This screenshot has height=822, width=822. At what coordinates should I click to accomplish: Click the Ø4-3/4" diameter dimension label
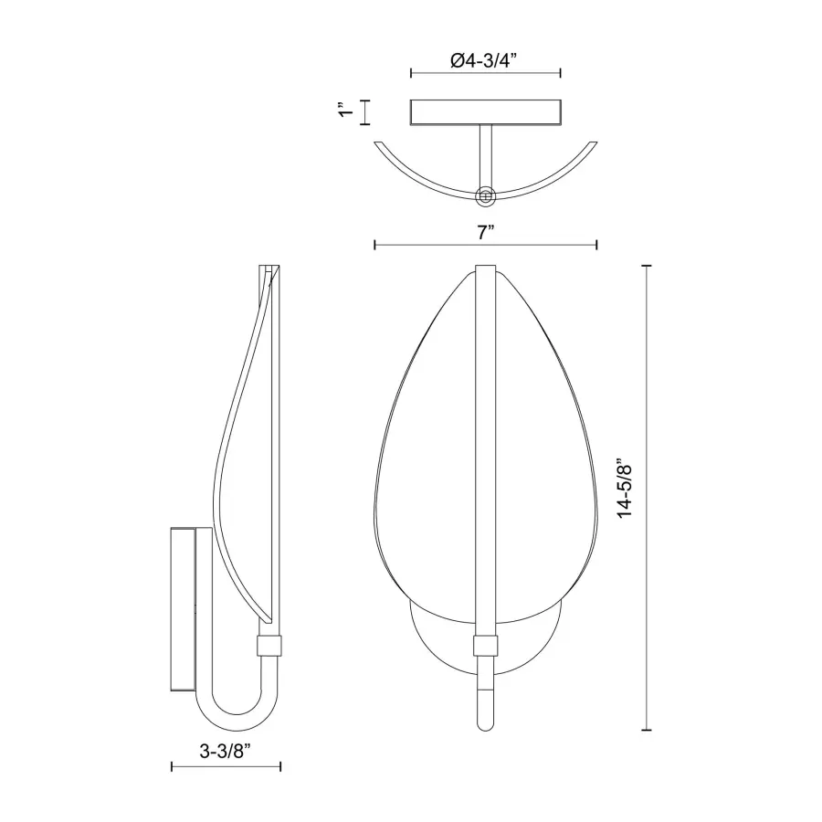tap(485, 61)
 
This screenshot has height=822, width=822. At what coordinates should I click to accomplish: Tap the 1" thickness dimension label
tap(344, 111)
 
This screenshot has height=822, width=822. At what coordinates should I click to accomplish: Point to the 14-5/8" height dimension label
tap(626, 489)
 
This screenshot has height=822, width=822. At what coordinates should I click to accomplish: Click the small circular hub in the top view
tap(486, 195)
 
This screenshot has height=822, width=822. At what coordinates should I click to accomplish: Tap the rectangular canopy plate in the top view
tap(485, 111)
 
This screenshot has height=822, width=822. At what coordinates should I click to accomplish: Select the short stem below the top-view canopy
tap(485, 155)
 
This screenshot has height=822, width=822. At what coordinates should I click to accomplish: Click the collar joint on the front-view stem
tap(486, 647)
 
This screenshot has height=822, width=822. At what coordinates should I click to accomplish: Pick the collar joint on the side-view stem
tap(269, 647)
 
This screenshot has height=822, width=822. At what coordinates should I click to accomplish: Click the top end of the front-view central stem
tap(486, 269)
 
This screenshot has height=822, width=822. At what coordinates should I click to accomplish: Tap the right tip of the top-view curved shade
tap(595, 142)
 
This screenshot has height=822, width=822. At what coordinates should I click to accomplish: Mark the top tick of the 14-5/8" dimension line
tap(648, 266)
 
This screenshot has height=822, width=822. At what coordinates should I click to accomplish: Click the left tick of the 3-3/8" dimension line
tap(173, 768)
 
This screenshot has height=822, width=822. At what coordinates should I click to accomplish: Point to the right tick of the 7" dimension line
tap(596, 245)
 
